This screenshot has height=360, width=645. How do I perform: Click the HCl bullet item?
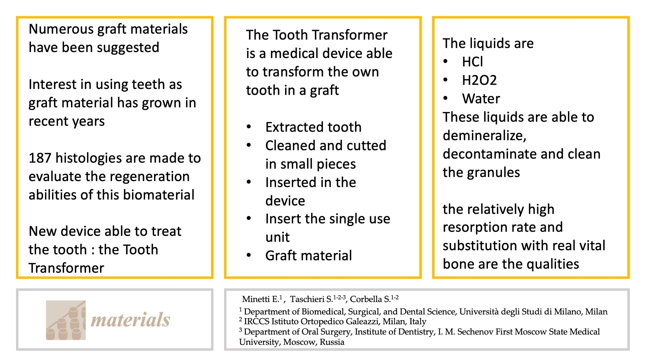coord(473,62)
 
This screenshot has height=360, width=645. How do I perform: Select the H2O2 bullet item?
coord(479,80)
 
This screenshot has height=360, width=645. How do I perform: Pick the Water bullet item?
coord(481,99)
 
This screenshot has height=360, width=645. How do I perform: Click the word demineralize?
coord(484,136)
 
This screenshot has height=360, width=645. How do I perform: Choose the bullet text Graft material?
coord(308,256)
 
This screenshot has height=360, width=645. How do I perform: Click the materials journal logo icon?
coord(66,320)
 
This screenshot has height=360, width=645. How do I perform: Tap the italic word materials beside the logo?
coord(130,320)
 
